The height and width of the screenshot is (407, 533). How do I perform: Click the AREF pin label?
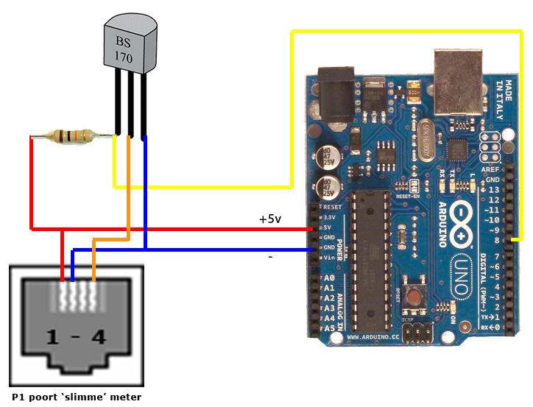[x=493, y=169]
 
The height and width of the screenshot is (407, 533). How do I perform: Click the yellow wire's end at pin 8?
[x=516, y=239]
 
